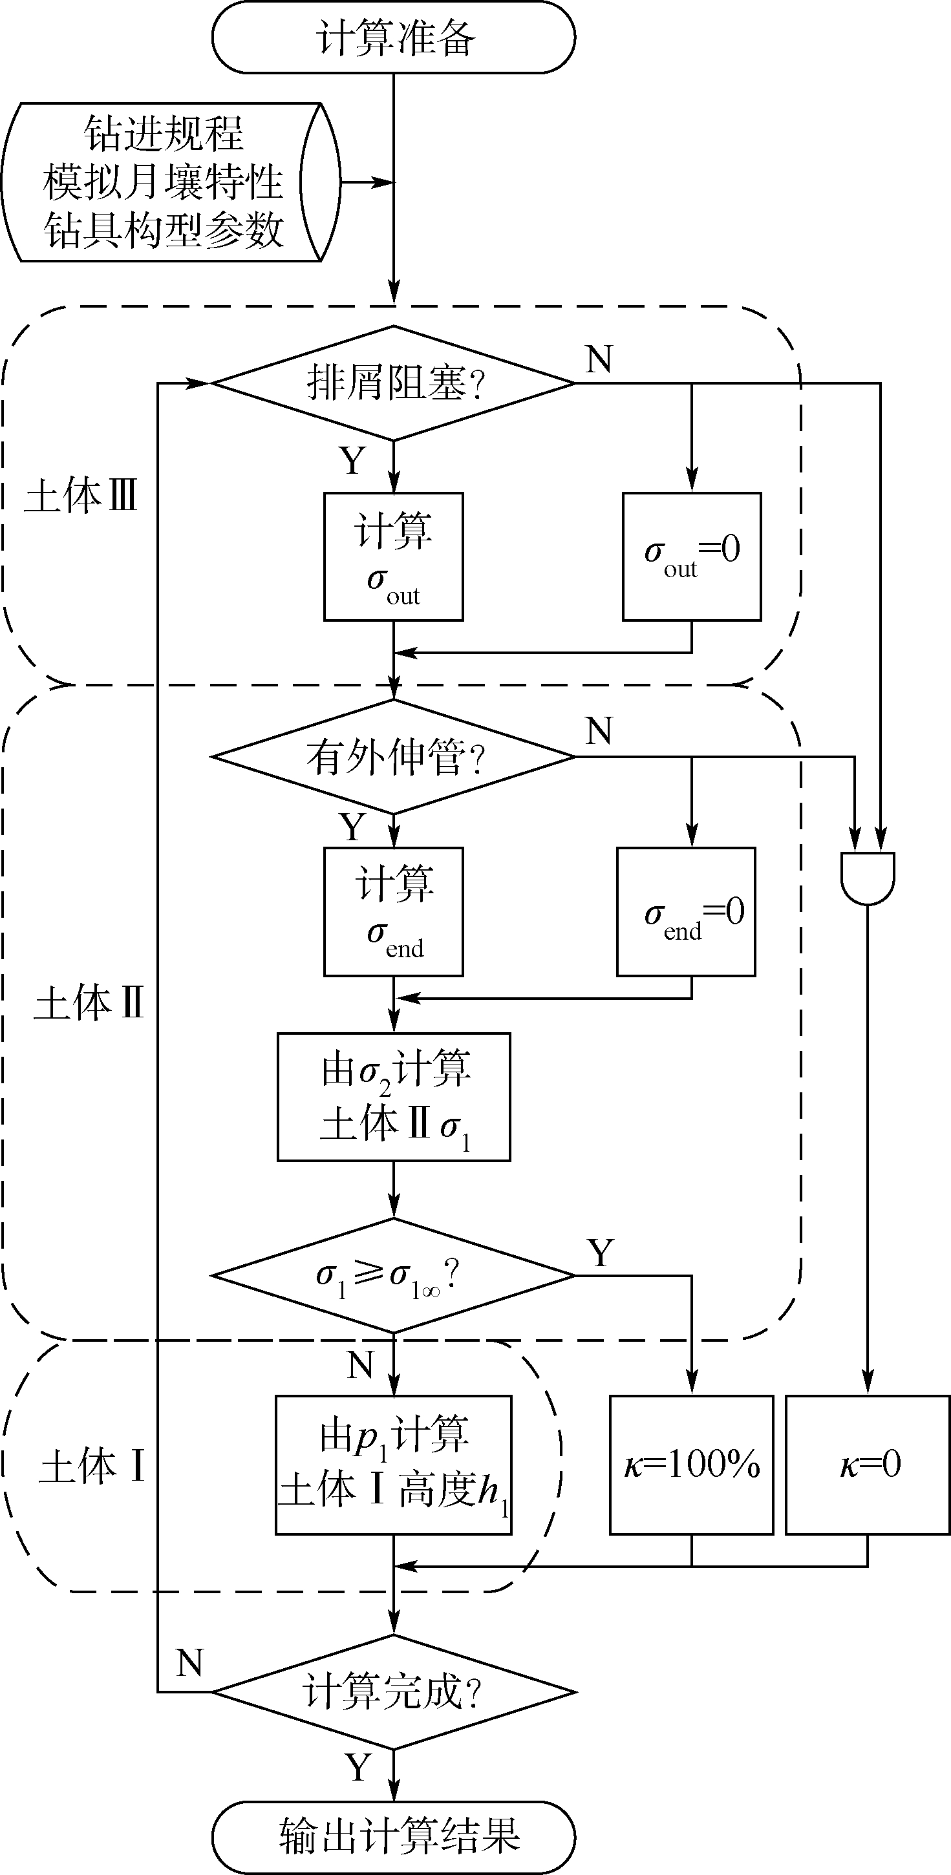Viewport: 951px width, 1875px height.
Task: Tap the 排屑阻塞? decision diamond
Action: click(x=393, y=383)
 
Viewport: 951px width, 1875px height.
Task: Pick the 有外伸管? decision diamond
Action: click(x=393, y=757)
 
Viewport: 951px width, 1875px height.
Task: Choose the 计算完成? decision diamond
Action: click(x=393, y=1691)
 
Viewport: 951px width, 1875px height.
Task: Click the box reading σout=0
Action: click(x=692, y=557)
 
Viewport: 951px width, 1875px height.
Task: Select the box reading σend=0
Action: click(x=686, y=911)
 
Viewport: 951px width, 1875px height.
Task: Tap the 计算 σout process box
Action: click(x=393, y=557)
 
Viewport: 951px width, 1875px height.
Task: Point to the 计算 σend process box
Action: click(x=393, y=911)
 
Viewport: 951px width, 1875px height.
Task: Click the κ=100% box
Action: click(x=691, y=1465)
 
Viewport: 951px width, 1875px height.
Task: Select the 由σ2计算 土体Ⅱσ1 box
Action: click(x=393, y=1097)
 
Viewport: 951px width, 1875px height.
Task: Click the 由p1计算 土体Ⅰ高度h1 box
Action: click(x=393, y=1465)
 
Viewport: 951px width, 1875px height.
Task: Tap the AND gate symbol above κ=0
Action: click(x=867, y=877)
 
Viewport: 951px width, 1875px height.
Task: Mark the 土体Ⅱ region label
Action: click(x=89, y=1004)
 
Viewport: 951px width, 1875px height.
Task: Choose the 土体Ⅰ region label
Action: click(x=92, y=1466)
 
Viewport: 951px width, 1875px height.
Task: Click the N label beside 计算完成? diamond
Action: click(x=189, y=1663)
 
